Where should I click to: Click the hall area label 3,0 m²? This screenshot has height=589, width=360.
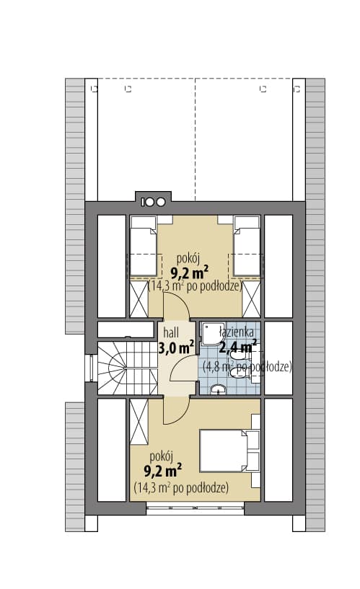click(x=176, y=347)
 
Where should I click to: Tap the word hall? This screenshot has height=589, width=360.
click(x=171, y=332)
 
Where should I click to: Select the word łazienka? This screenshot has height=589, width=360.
click(x=237, y=332)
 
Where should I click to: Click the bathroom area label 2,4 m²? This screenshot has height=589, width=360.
click(x=238, y=347)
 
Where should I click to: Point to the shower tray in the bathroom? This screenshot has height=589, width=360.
click(x=211, y=333)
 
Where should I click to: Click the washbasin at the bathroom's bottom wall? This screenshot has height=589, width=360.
click(x=218, y=390)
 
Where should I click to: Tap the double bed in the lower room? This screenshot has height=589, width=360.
click(x=229, y=451)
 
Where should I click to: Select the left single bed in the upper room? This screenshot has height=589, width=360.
click(x=143, y=246)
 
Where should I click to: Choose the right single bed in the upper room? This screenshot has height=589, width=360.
click(x=247, y=246)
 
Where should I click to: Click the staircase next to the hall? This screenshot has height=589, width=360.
click(x=128, y=368)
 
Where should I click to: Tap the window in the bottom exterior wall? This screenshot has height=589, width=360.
click(x=195, y=510)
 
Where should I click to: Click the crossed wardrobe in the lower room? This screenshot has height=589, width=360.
click(x=139, y=421)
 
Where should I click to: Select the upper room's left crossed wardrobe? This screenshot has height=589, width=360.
click(x=139, y=299)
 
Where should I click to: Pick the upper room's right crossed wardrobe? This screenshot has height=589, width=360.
click(x=251, y=299)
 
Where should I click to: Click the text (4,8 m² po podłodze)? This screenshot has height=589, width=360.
click(x=247, y=366)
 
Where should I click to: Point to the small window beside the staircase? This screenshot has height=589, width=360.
click(x=91, y=368)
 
